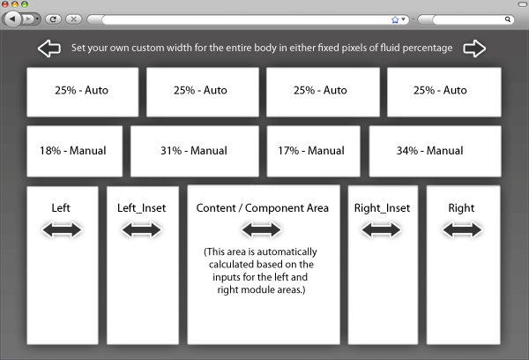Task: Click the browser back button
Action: (12, 19)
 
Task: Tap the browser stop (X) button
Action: (73, 19)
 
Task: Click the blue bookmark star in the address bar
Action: (395, 19)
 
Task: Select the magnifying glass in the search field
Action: (508, 19)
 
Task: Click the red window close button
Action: (5, 4)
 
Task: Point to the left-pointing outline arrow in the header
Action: (49, 49)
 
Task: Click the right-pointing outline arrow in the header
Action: (474, 49)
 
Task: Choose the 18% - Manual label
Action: (73, 151)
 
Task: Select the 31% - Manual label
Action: (194, 151)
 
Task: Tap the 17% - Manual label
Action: (311, 151)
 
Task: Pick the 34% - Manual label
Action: (430, 151)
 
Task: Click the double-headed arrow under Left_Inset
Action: (142, 230)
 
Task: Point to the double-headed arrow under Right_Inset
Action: (381, 230)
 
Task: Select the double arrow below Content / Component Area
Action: (262, 230)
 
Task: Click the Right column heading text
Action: (461, 207)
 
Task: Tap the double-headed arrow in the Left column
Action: (62, 230)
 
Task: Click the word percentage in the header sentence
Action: (428, 48)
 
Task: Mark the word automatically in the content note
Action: (285, 252)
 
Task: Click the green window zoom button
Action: (25, 4)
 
